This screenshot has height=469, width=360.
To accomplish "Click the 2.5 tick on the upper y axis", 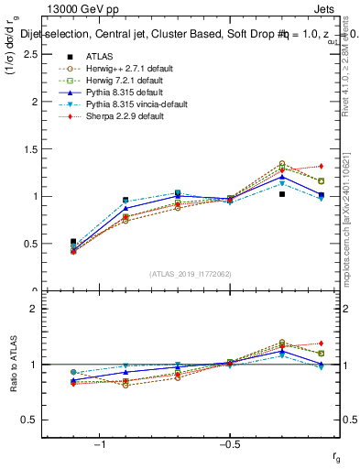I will coord(31,55).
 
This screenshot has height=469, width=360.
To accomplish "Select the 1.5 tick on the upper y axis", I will coord(31,149).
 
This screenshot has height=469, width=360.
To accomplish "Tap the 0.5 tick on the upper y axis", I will coord(31,245).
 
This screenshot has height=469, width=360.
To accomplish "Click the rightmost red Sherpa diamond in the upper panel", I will coord(321,166).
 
